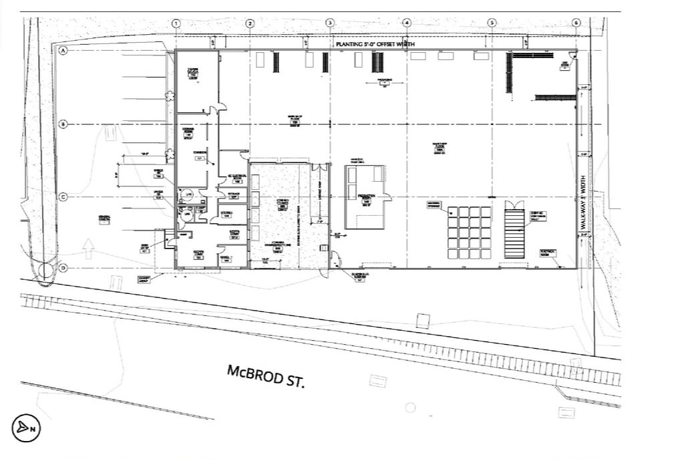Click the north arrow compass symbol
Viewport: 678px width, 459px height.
(26, 428)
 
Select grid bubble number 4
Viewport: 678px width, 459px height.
(407, 23)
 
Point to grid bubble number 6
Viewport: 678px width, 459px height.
(576, 23)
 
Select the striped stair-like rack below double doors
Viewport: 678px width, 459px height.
(514, 233)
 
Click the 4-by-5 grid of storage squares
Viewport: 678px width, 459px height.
(469, 233)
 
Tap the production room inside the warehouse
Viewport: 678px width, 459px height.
(365, 196)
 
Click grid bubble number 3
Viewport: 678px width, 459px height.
(329, 23)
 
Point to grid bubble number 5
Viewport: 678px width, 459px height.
(492, 23)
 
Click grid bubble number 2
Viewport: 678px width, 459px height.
(250, 23)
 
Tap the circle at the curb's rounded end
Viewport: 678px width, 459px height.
(45, 271)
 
